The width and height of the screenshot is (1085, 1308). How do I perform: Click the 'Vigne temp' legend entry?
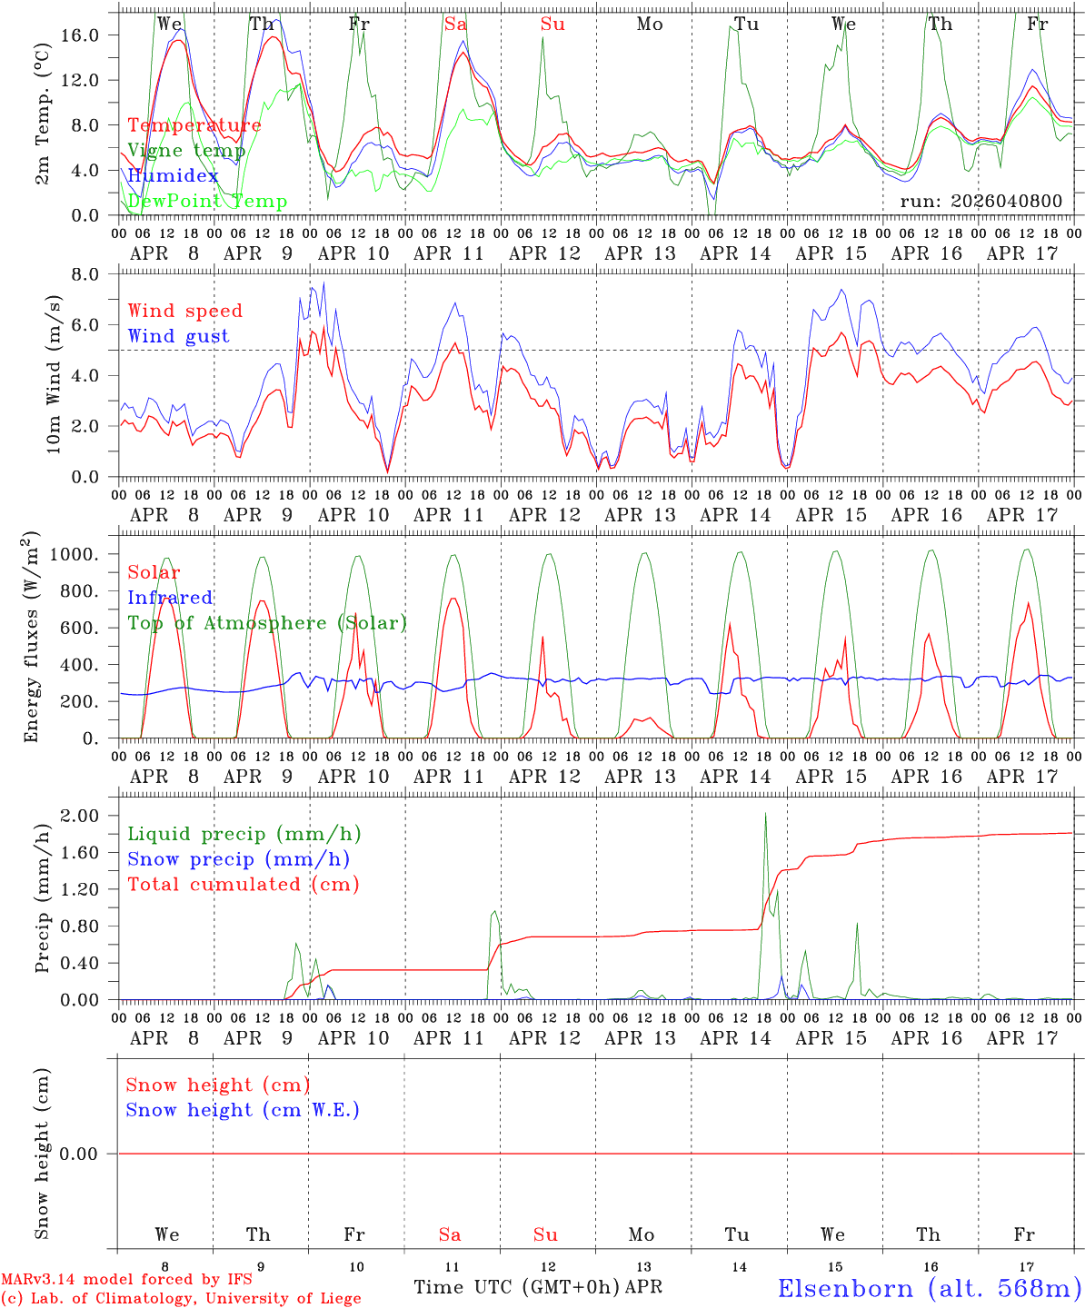pos(186,151)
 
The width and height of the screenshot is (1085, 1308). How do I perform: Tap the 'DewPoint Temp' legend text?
pos(207,202)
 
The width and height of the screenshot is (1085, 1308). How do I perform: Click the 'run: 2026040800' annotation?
pos(981,201)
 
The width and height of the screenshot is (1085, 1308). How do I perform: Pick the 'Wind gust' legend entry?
pos(178,336)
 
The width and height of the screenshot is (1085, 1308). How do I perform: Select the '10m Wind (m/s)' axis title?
pos(53,374)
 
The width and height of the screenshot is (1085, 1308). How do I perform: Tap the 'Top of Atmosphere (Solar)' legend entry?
pos(267,623)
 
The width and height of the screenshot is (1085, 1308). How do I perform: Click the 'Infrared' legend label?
pos(170,598)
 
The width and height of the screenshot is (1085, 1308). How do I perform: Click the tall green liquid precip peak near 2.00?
pos(765,815)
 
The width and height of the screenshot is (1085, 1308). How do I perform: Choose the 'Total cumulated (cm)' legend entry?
pos(243,885)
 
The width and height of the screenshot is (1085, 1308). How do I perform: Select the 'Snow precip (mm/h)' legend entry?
pos(238,859)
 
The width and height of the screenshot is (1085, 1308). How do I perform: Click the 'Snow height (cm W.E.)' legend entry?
pos(243,1110)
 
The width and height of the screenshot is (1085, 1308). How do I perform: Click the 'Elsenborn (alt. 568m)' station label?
pos(930,1288)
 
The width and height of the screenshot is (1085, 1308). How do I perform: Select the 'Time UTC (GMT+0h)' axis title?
pos(517,1287)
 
